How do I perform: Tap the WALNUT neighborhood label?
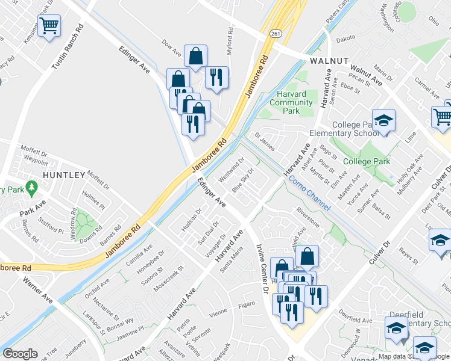tap(329, 61)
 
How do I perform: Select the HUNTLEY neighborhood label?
tap(63, 174)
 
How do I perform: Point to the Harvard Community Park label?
tap(291, 102)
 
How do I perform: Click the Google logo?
tap(20, 353)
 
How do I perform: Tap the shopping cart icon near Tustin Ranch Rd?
tap(49, 26)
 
